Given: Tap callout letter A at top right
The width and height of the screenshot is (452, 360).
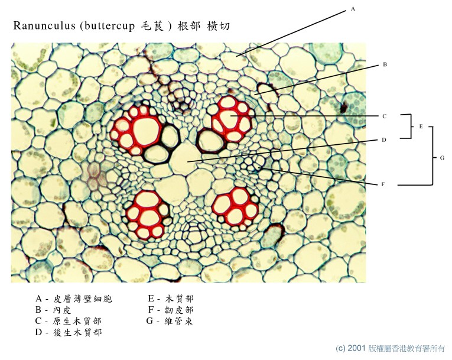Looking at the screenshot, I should [x=353, y=9].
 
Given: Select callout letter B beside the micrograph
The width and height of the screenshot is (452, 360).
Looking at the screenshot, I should [x=384, y=64].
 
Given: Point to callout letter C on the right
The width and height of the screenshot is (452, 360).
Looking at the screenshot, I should [x=384, y=116].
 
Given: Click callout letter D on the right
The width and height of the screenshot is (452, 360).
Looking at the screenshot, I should [x=384, y=140].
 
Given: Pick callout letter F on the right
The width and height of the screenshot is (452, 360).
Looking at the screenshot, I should [x=383, y=184].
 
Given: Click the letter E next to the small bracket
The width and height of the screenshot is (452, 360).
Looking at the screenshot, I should [x=421, y=127].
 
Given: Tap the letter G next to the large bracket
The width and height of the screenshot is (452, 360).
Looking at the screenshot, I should [x=442, y=158].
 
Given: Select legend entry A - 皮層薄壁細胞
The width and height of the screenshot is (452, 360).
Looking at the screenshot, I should [x=74, y=299].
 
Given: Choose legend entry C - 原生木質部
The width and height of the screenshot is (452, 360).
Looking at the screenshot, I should [x=69, y=321].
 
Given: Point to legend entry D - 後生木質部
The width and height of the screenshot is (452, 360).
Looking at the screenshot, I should [x=69, y=332].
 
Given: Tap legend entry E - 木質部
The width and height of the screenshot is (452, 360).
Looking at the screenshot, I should [x=171, y=299].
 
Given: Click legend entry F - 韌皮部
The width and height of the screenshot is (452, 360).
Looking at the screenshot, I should [x=171, y=310].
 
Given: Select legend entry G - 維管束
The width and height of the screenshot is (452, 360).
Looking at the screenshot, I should [x=171, y=321].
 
